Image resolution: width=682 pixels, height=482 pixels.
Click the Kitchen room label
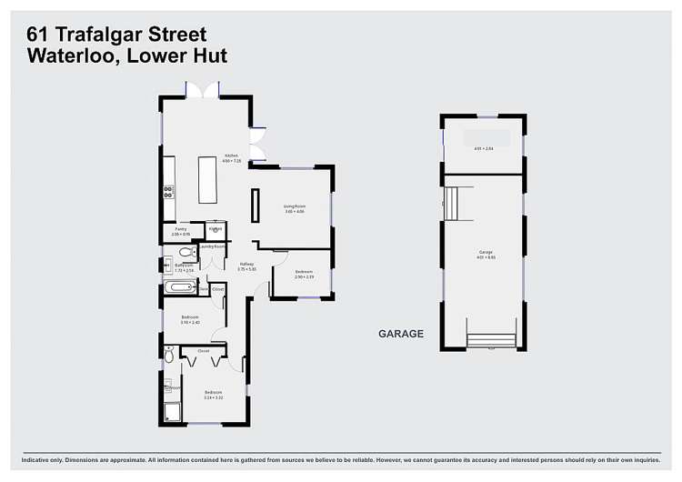click(x=232, y=157)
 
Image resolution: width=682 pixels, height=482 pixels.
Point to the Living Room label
click(x=294, y=209)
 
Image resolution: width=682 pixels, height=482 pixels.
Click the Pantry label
click(x=181, y=231)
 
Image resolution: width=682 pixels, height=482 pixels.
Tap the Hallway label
click(x=246, y=266)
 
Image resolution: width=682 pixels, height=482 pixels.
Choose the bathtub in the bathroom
click(x=180, y=287)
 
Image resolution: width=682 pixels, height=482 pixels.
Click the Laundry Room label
click(x=213, y=246)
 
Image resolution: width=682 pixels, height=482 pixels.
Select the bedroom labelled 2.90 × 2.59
click(x=304, y=275)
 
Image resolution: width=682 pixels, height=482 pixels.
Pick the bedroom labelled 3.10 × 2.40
click(x=190, y=318)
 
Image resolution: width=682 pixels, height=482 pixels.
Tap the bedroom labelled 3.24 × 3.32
click(x=214, y=394)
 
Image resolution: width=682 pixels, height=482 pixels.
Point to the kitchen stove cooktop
click(x=168, y=192)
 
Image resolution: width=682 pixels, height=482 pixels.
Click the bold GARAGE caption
click(x=401, y=334)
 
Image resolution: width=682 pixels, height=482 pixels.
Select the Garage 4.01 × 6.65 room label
click(x=486, y=254)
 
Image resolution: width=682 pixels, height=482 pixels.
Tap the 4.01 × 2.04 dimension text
click(x=483, y=147)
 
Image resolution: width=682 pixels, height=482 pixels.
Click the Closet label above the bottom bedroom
click(x=204, y=350)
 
